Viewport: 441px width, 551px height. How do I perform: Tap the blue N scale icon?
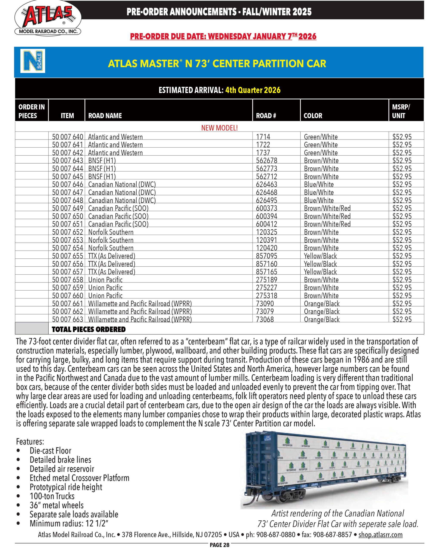coord(33,61)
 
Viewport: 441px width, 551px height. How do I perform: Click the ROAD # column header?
coord(266,116)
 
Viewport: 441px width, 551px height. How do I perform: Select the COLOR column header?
coord(313,116)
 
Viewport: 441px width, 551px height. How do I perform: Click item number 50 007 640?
coord(68,137)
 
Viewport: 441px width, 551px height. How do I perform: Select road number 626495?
coord(267,200)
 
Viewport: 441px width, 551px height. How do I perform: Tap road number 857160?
coord(267,264)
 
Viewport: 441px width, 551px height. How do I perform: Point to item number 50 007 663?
coord(68,319)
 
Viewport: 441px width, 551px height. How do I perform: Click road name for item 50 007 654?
coord(111,248)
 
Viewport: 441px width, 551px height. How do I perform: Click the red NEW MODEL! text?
coord(219,128)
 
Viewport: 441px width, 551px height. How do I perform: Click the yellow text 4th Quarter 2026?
coord(253,90)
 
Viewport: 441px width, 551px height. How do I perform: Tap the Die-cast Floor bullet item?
coord(50,450)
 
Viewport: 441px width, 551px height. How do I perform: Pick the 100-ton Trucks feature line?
coord(52,496)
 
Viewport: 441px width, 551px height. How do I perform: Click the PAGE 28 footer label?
coord(219,545)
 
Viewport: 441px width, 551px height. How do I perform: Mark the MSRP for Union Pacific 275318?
coord(402,296)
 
